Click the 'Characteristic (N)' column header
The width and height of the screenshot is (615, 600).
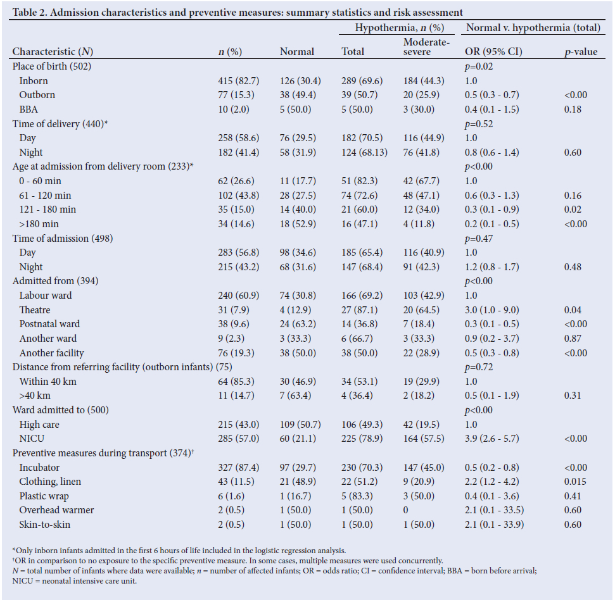53,52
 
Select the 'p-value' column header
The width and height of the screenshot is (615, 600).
580,52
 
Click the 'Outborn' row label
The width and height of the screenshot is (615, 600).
37,95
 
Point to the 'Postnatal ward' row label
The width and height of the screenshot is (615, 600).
49,324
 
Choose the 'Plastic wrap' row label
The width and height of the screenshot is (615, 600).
44,496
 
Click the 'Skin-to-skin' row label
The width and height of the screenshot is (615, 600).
44,525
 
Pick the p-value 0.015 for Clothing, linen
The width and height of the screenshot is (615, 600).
576,482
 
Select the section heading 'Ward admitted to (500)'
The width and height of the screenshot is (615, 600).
61,410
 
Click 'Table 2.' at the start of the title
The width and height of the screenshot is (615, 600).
30,12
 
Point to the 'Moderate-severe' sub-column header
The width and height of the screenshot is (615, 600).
426,47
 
